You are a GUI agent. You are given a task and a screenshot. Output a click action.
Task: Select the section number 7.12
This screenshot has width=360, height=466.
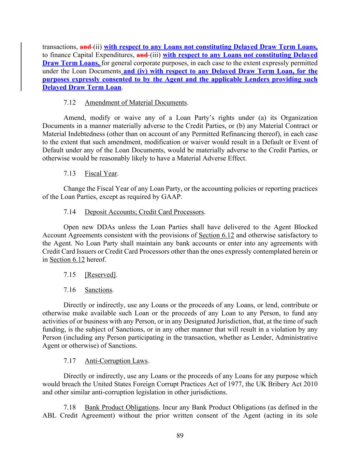coord(70,102)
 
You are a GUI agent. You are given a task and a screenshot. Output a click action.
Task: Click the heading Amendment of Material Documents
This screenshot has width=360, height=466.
coord(136,102)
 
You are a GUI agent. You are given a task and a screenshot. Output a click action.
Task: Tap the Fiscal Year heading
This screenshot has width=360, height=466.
coord(101,173)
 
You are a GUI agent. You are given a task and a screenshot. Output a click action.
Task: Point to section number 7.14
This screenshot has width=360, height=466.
coord(70,212)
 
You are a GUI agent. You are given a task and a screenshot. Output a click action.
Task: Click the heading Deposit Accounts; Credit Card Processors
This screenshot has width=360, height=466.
coord(144,212)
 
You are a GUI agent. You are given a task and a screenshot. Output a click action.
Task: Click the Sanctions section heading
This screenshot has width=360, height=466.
coord(98,290)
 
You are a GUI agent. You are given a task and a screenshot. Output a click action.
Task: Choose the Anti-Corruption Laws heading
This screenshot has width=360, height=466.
coord(116,361)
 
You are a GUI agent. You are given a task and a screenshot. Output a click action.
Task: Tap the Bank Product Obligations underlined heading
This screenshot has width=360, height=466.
coord(121,407)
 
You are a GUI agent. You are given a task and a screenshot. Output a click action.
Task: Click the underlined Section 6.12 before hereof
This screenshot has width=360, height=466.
coord(67,259)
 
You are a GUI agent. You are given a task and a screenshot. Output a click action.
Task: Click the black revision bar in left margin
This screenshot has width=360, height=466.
coord(22,67)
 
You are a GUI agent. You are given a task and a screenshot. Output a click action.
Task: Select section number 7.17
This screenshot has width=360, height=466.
coord(70,361)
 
